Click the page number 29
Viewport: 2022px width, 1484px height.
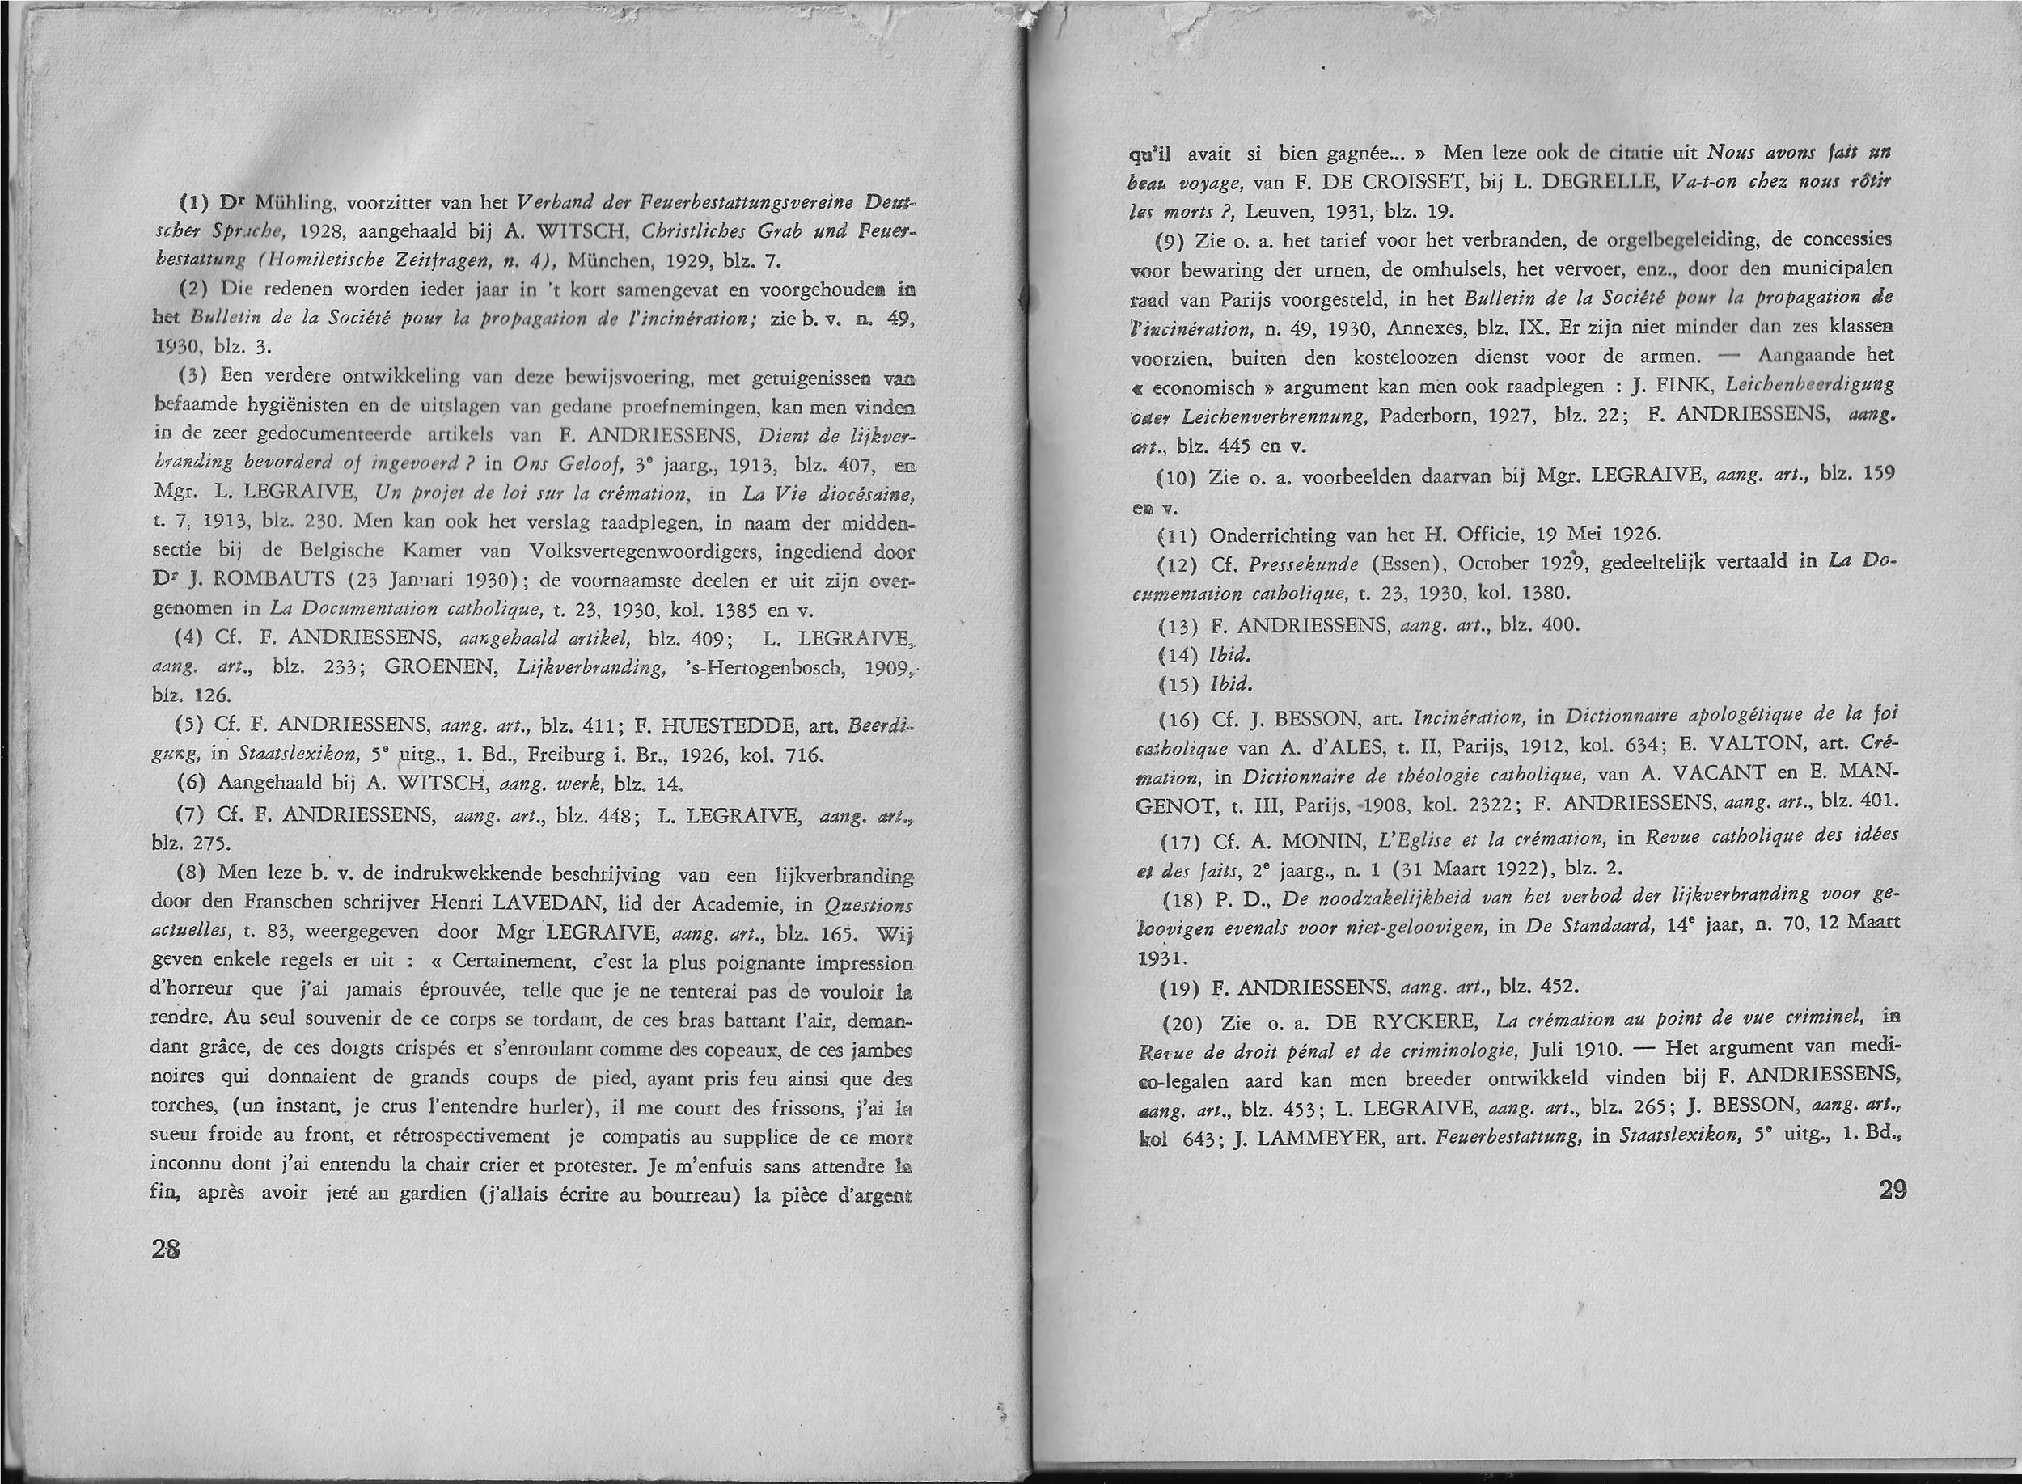[1892, 1190]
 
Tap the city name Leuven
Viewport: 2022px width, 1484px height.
[1275, 212]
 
